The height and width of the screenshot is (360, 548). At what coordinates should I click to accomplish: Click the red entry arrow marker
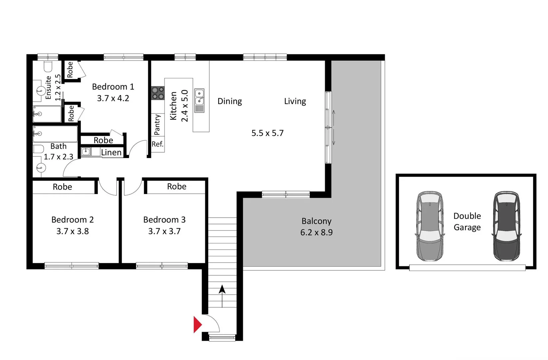pos(197,324)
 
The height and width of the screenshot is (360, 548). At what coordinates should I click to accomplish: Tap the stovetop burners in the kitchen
pos(158,93)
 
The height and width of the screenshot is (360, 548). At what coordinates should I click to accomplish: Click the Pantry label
pos(157,124)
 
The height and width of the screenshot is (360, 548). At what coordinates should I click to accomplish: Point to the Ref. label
pos(158,144)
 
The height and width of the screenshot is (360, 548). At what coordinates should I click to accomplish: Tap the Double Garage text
pos(467,222)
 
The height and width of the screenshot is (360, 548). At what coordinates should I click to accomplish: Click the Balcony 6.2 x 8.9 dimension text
pos(316,232)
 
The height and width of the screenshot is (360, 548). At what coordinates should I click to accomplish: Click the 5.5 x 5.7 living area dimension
pos(267,133)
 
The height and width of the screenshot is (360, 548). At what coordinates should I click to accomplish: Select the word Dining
pos(230,101)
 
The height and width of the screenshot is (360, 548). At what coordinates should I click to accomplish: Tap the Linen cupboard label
pos(111,153)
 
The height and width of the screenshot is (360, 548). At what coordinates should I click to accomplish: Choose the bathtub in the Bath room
pos(55,134)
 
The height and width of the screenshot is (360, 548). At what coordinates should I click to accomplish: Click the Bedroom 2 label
pos(72,220)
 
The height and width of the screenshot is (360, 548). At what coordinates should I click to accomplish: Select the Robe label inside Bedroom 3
pos(177,187)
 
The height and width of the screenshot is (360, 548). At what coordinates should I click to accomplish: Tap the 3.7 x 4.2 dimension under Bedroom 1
pos(113,98)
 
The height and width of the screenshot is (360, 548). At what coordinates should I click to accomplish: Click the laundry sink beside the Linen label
pos(86,152)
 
